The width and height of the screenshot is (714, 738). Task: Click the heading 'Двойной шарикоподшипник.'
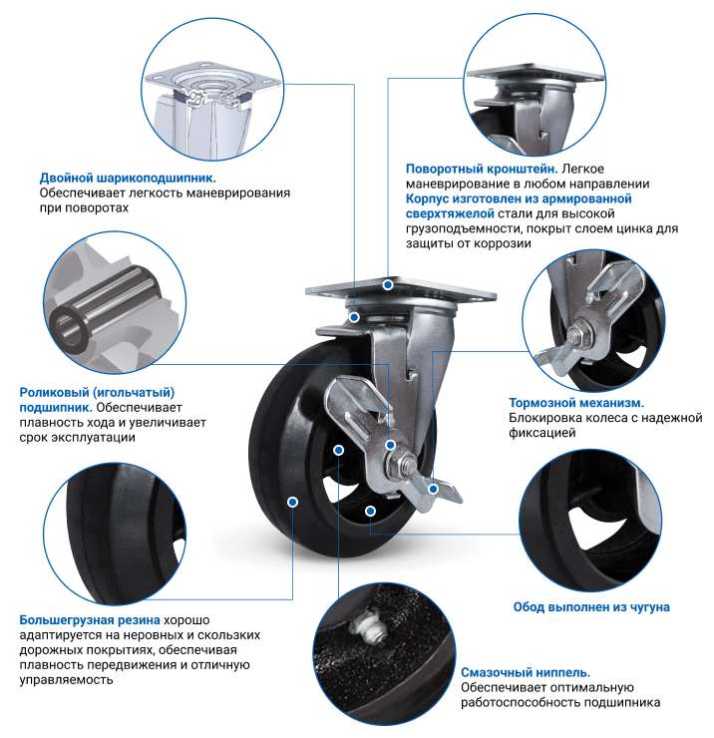click(128, 178)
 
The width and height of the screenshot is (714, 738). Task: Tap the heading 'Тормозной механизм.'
click(576, 403)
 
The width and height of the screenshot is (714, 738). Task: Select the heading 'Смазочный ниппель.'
click(526, 672)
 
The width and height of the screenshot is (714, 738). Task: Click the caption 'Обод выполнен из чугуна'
click(591, 607)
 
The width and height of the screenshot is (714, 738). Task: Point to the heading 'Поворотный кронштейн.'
click(482, 169)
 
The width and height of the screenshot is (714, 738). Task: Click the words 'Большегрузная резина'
click(90, 620)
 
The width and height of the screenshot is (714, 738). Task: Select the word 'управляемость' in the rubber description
click(67, 680)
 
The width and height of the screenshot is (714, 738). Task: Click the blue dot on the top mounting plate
click(388, 285)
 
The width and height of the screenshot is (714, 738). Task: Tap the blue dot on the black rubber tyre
click(292, 503)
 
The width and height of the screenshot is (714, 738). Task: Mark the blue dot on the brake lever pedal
click(433, 490)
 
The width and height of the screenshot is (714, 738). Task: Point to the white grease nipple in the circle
click(367, 624)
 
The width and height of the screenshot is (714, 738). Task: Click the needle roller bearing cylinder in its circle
click(105, 306)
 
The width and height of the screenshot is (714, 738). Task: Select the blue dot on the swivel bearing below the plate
click(354, 318)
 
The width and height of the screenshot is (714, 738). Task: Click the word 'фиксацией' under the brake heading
click(542, 433)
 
